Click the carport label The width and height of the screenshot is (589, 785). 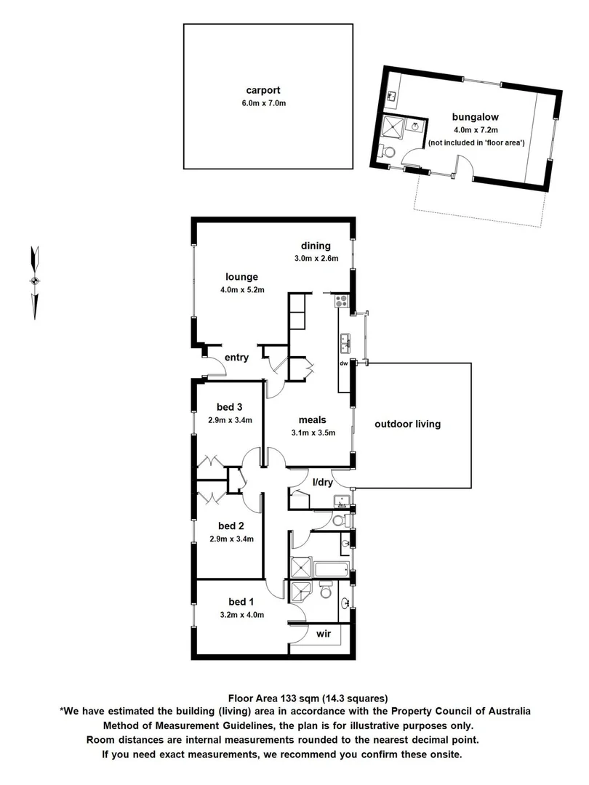pyautogui.click(x=263, y=91)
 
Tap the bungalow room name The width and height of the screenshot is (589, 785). pyautogui.click(x=475, y=116)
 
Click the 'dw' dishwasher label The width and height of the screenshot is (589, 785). pyautogui.click(x=345, y=363)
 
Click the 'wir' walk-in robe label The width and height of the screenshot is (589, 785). pyautogui.click(x=324, y=634)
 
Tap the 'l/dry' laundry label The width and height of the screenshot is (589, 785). pyautogui.click(x=323, y=482)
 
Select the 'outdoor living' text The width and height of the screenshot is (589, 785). pyautogui.click(x=407, y=424)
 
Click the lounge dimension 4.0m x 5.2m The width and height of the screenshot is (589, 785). pyautogui.click(x=242, y=290)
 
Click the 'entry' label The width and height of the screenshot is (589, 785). pyautogui.click(x=237, y=357)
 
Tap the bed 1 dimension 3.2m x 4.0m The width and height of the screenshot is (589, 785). pyautogui.click(x=241, y=614)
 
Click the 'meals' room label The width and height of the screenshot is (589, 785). pyautogui.click(x=312, y=419)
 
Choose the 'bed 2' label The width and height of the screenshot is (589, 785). pyautogui.click(x=231, y=526)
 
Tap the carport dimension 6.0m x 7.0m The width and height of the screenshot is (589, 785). pyautogui.click(x=263, y=103)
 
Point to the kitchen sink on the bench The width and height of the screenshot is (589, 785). pyautogui.click(x=345, y=339)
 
